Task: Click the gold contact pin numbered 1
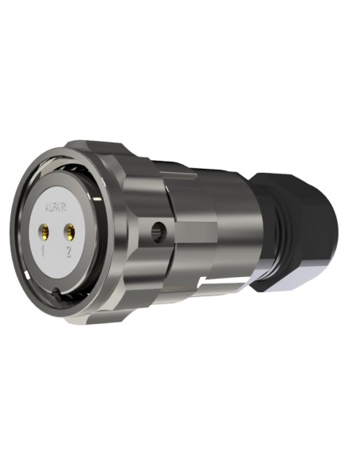[x=46, y=232]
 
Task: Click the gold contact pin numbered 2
[x=70, y=232]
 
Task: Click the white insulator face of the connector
[x=60, y=239]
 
